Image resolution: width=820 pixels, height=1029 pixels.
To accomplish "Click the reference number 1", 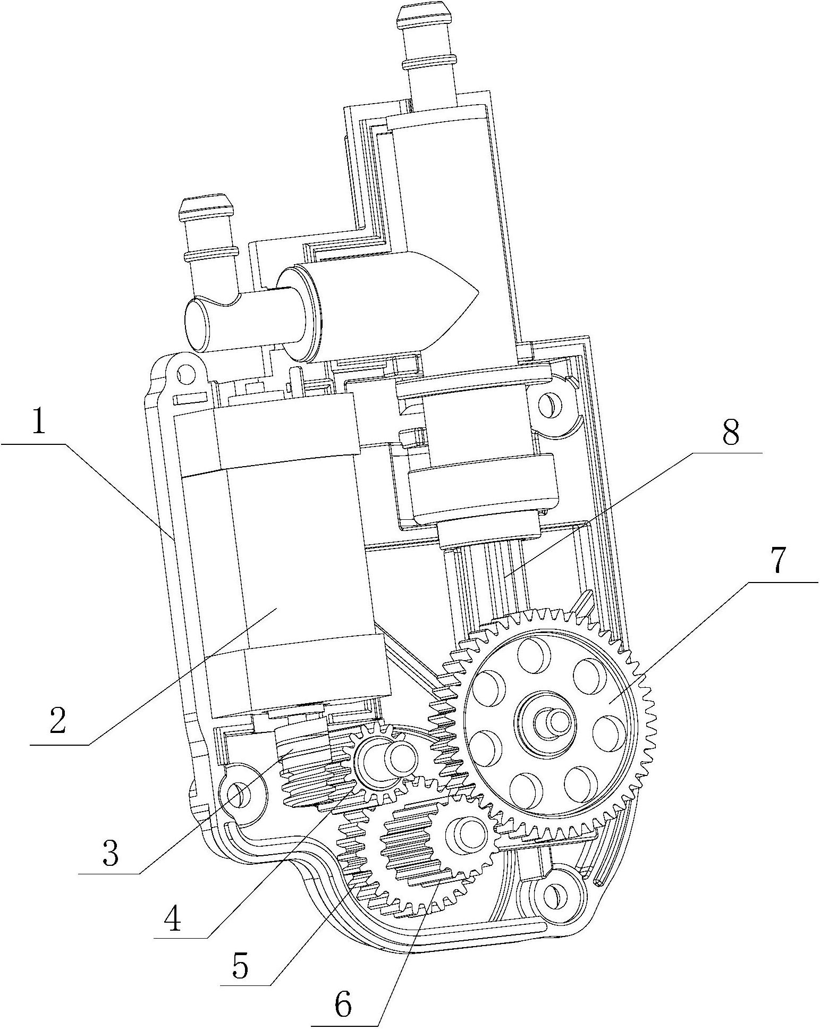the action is [x=38, y=418].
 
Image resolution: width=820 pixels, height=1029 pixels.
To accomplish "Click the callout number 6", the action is [x=343, y=1003].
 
